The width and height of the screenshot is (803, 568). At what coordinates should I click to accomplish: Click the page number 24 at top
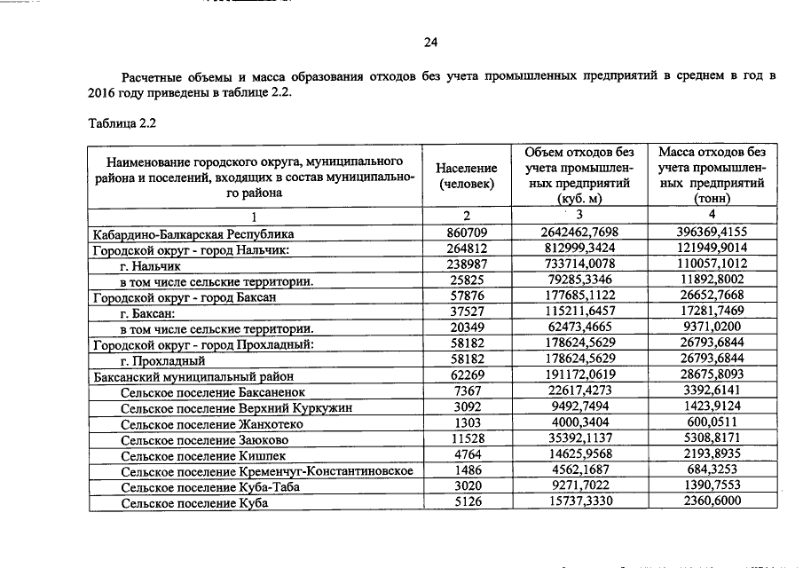431,42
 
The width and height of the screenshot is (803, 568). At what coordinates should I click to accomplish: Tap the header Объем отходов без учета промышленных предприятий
579,175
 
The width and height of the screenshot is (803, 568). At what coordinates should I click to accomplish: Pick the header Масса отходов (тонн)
712,175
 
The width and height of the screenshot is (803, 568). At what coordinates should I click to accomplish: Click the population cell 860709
467,233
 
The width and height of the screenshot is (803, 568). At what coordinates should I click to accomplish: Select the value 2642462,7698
578,233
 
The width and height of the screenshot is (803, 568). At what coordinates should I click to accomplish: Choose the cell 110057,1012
712,264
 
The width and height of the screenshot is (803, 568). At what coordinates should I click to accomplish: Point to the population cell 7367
467,391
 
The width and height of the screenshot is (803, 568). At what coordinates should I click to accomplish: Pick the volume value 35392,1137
578,439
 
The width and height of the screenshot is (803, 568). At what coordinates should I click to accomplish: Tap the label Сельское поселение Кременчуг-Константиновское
267,470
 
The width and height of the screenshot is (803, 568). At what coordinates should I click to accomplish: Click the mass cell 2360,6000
712,502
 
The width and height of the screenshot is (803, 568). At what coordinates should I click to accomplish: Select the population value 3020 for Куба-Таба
467,486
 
